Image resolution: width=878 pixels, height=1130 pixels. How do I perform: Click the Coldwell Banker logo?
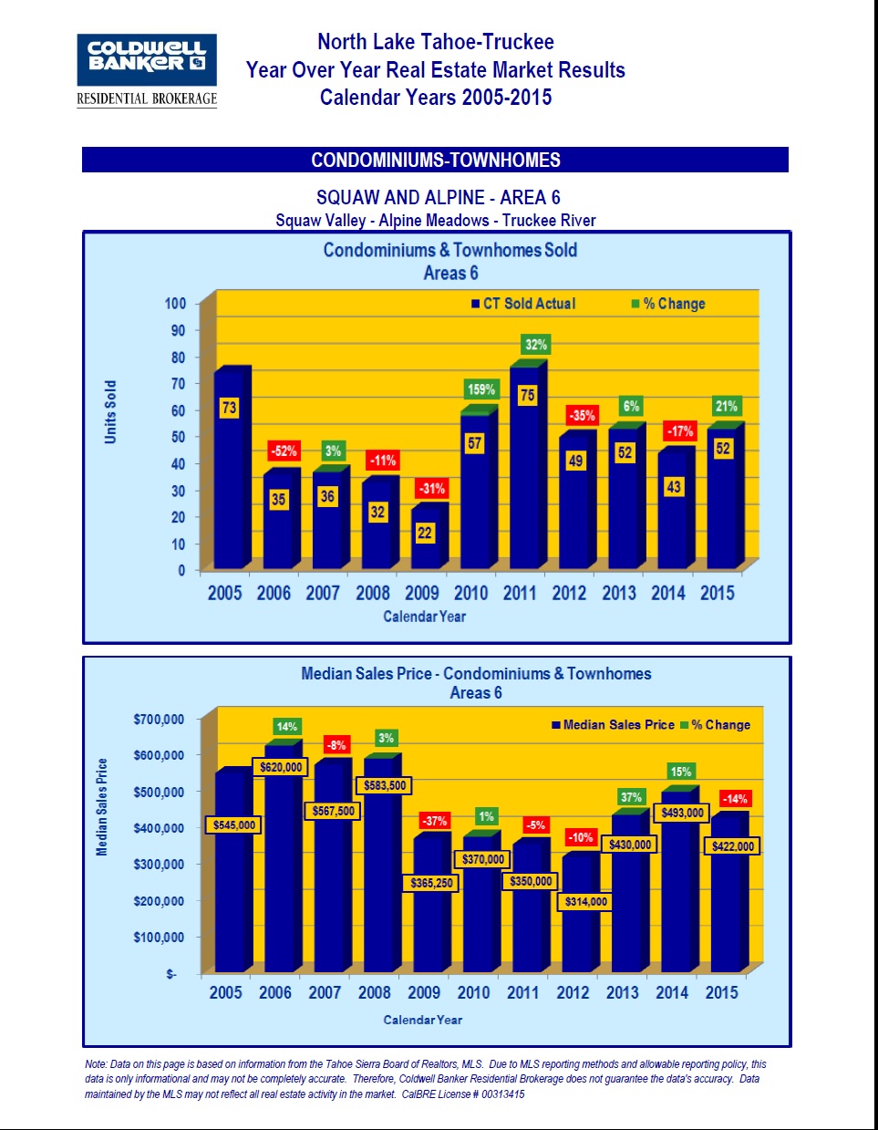[x=147, y=70]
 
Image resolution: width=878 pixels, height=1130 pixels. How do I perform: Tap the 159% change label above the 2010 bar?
[x=481, y=389]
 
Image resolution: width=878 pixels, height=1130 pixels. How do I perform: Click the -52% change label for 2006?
[x=284, y=451]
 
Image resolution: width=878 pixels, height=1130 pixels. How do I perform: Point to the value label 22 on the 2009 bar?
[x=425, y=533]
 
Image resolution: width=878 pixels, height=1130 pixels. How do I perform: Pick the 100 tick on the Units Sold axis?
[x=175, y=304]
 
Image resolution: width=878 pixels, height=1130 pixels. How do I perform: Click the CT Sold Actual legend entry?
[x=523, y=304]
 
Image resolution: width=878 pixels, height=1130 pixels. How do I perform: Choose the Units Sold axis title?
[x=110, y=412]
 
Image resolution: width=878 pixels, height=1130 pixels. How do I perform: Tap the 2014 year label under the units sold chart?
[x=667, y=593]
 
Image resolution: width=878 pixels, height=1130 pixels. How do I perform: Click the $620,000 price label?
[x=281, y=767]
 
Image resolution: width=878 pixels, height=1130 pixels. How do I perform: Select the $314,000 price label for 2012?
[x=585, y=901]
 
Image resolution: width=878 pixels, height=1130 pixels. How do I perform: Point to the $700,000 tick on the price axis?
[x=159, y=720]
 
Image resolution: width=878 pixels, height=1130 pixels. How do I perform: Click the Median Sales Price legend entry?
[x=613, y=725]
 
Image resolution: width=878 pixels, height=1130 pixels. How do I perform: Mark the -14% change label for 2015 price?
[x=735, y=799]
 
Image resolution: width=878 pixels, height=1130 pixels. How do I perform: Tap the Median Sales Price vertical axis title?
[x=102, y=807]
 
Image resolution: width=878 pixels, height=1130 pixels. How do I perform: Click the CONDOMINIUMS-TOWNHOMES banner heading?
[x=436, y=161]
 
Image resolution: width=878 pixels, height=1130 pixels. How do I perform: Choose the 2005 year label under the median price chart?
[x=226, y=992]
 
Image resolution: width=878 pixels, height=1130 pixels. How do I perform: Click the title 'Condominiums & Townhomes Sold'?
[x=450, y=250]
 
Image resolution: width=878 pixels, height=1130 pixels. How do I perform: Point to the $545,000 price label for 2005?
[x=234, y=824]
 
